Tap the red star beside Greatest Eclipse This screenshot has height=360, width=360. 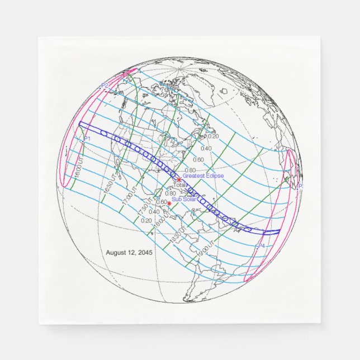(179, 179)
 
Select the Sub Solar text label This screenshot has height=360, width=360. (184, 200)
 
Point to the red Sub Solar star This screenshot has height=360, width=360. (169, 203)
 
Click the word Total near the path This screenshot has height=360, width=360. (179, 185)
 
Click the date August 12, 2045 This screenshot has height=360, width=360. (129, 253)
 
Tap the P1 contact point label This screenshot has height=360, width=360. (87, 139)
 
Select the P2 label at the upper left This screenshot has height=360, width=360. (105, 86)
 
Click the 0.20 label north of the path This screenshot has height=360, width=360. (213, 136)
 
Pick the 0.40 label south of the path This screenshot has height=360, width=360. (154, 212)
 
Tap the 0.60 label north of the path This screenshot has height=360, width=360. (198, 160)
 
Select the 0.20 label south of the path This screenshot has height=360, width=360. (146, 221)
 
